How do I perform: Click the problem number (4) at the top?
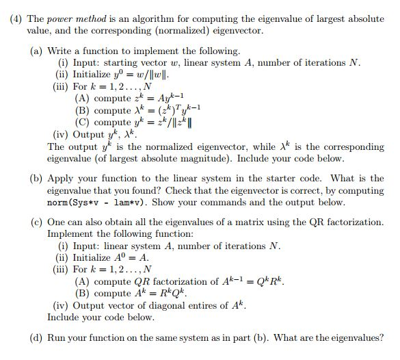16,19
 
